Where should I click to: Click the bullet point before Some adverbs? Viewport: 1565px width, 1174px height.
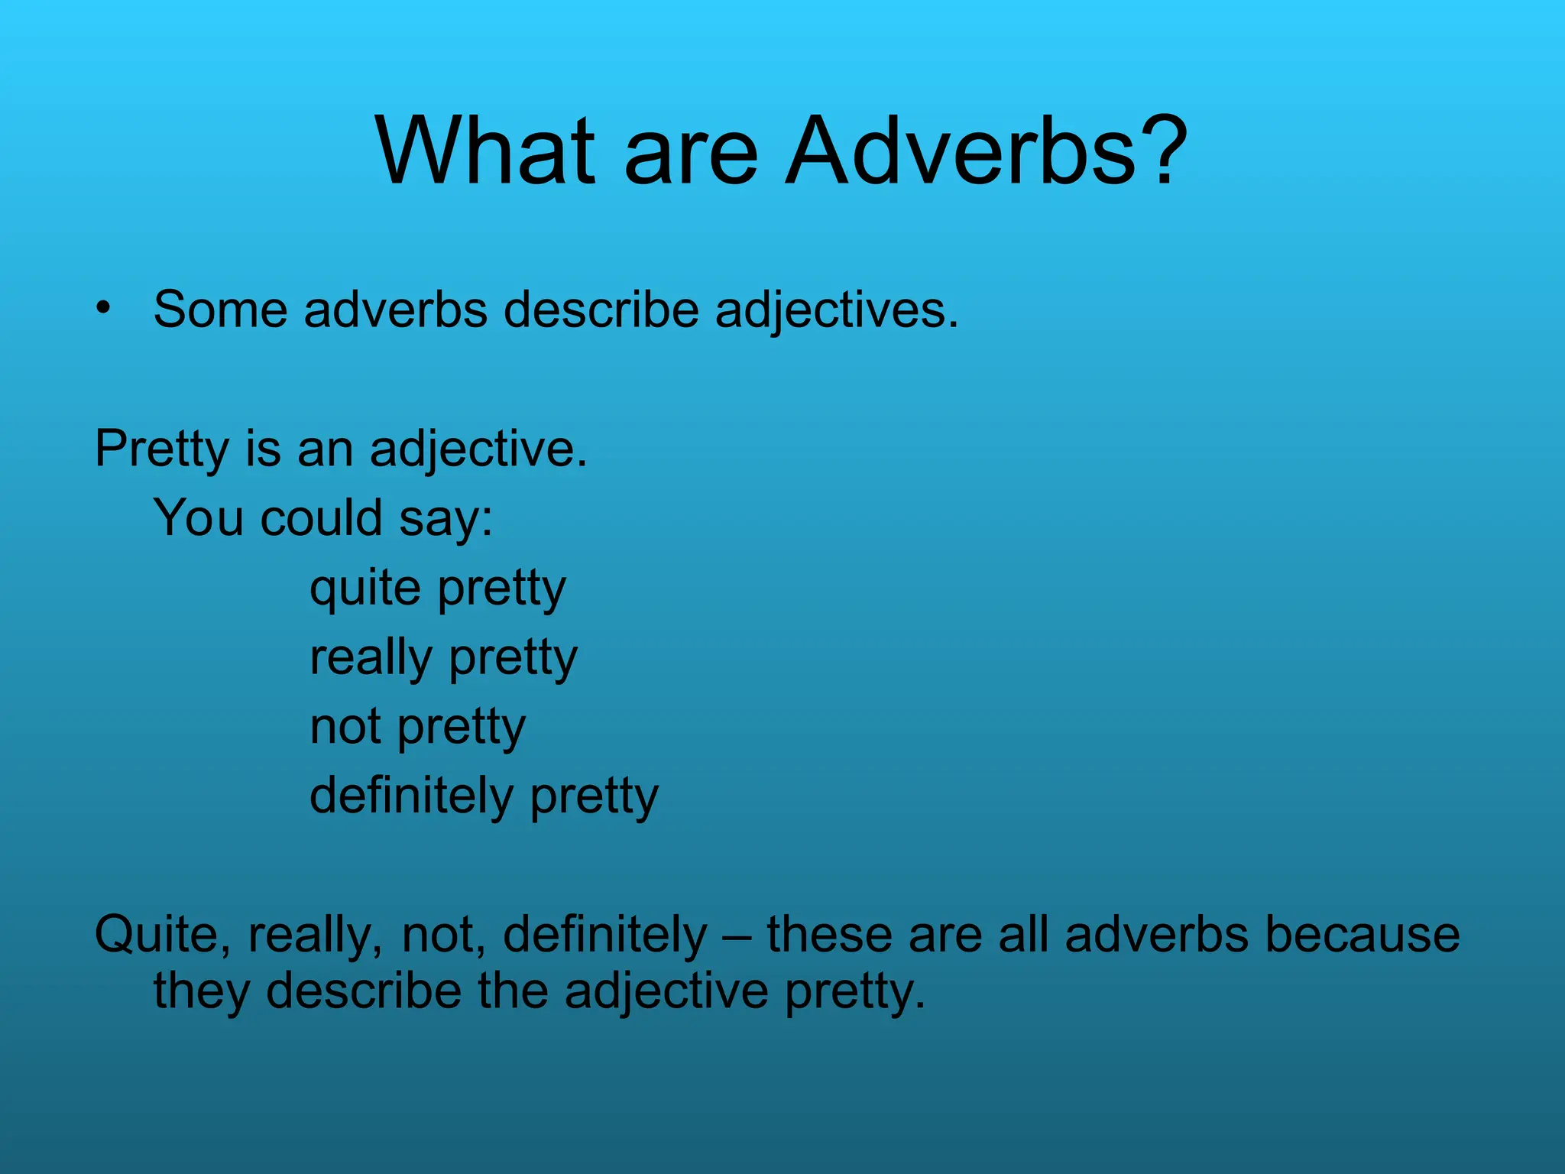103,308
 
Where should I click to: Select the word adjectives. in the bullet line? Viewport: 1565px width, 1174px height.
836,311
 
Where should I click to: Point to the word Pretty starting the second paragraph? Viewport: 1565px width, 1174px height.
161,449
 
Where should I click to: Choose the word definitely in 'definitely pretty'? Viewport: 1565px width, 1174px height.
411,796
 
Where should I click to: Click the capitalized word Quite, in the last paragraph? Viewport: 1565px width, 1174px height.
162,934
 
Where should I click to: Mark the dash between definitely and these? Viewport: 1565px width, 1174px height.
737,936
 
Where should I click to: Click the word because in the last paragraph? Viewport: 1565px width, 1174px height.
1362,934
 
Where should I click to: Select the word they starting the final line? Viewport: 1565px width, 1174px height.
202,991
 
